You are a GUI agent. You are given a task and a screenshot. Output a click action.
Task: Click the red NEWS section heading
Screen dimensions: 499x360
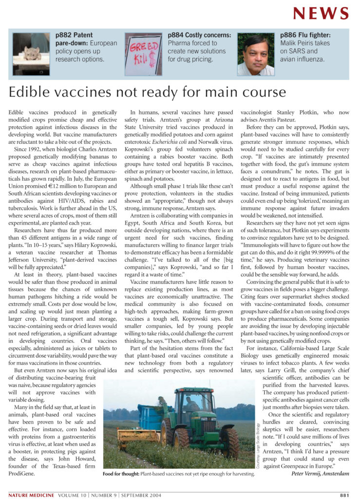click(321, 13)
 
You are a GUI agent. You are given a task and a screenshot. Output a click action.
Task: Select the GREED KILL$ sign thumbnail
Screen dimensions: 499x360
click(143, 54)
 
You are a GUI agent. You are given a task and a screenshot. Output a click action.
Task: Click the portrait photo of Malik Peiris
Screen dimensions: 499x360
click(256, 54)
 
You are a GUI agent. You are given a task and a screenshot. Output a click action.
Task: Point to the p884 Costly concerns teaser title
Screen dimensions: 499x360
click(199, 35)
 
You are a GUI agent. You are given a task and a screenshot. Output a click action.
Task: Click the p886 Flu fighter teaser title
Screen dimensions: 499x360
click(305, 35)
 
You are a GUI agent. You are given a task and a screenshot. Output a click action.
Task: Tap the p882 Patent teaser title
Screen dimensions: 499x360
click(74, 35)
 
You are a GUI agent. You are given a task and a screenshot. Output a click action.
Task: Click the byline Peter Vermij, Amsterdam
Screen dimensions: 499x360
click(320, 473)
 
